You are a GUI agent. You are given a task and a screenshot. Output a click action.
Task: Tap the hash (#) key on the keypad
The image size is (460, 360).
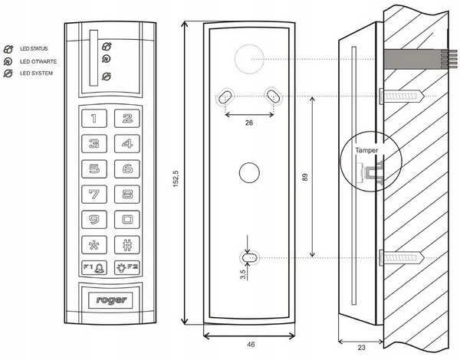[127, 245]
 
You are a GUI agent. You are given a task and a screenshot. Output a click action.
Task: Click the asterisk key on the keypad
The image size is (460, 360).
[94, 245]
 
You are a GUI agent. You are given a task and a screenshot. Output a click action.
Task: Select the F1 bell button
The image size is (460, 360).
[94, 267]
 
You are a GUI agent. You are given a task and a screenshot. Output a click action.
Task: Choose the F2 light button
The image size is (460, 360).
[127, 267]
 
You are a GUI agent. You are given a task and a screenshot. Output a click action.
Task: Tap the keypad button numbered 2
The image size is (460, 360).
[127, 119]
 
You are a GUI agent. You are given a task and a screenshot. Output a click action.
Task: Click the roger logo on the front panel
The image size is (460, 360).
[111, 300]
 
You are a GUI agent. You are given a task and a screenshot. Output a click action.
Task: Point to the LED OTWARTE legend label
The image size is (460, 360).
[38, 61]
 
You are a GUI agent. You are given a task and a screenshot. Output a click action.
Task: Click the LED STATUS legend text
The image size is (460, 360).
[34, 49]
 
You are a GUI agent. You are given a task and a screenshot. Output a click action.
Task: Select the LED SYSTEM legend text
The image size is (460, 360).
[36, 74]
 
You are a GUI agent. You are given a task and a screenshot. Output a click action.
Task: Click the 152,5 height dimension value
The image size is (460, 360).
[176, 178]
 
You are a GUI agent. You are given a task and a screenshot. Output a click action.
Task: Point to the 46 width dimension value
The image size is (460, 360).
[251, 345]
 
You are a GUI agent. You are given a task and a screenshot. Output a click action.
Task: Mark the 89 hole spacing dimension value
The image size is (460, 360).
[305, 177]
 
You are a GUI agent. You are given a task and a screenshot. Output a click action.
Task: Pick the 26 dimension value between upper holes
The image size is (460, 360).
[249, 123]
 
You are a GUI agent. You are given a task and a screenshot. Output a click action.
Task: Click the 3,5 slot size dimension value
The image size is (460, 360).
[243, 274]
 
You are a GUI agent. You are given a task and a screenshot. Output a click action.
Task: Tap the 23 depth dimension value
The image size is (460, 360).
[362, 348]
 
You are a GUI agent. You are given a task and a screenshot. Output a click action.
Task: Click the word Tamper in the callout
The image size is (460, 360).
[366, 150]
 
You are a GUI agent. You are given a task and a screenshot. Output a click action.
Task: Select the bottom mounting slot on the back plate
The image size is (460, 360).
[249, 258]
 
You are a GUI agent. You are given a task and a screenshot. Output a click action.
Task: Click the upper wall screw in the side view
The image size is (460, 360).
[402, 96]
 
